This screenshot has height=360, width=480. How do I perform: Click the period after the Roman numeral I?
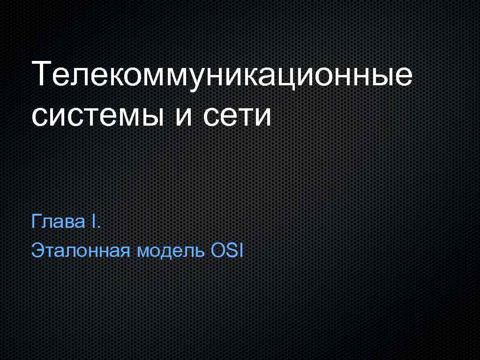click(98, 226)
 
